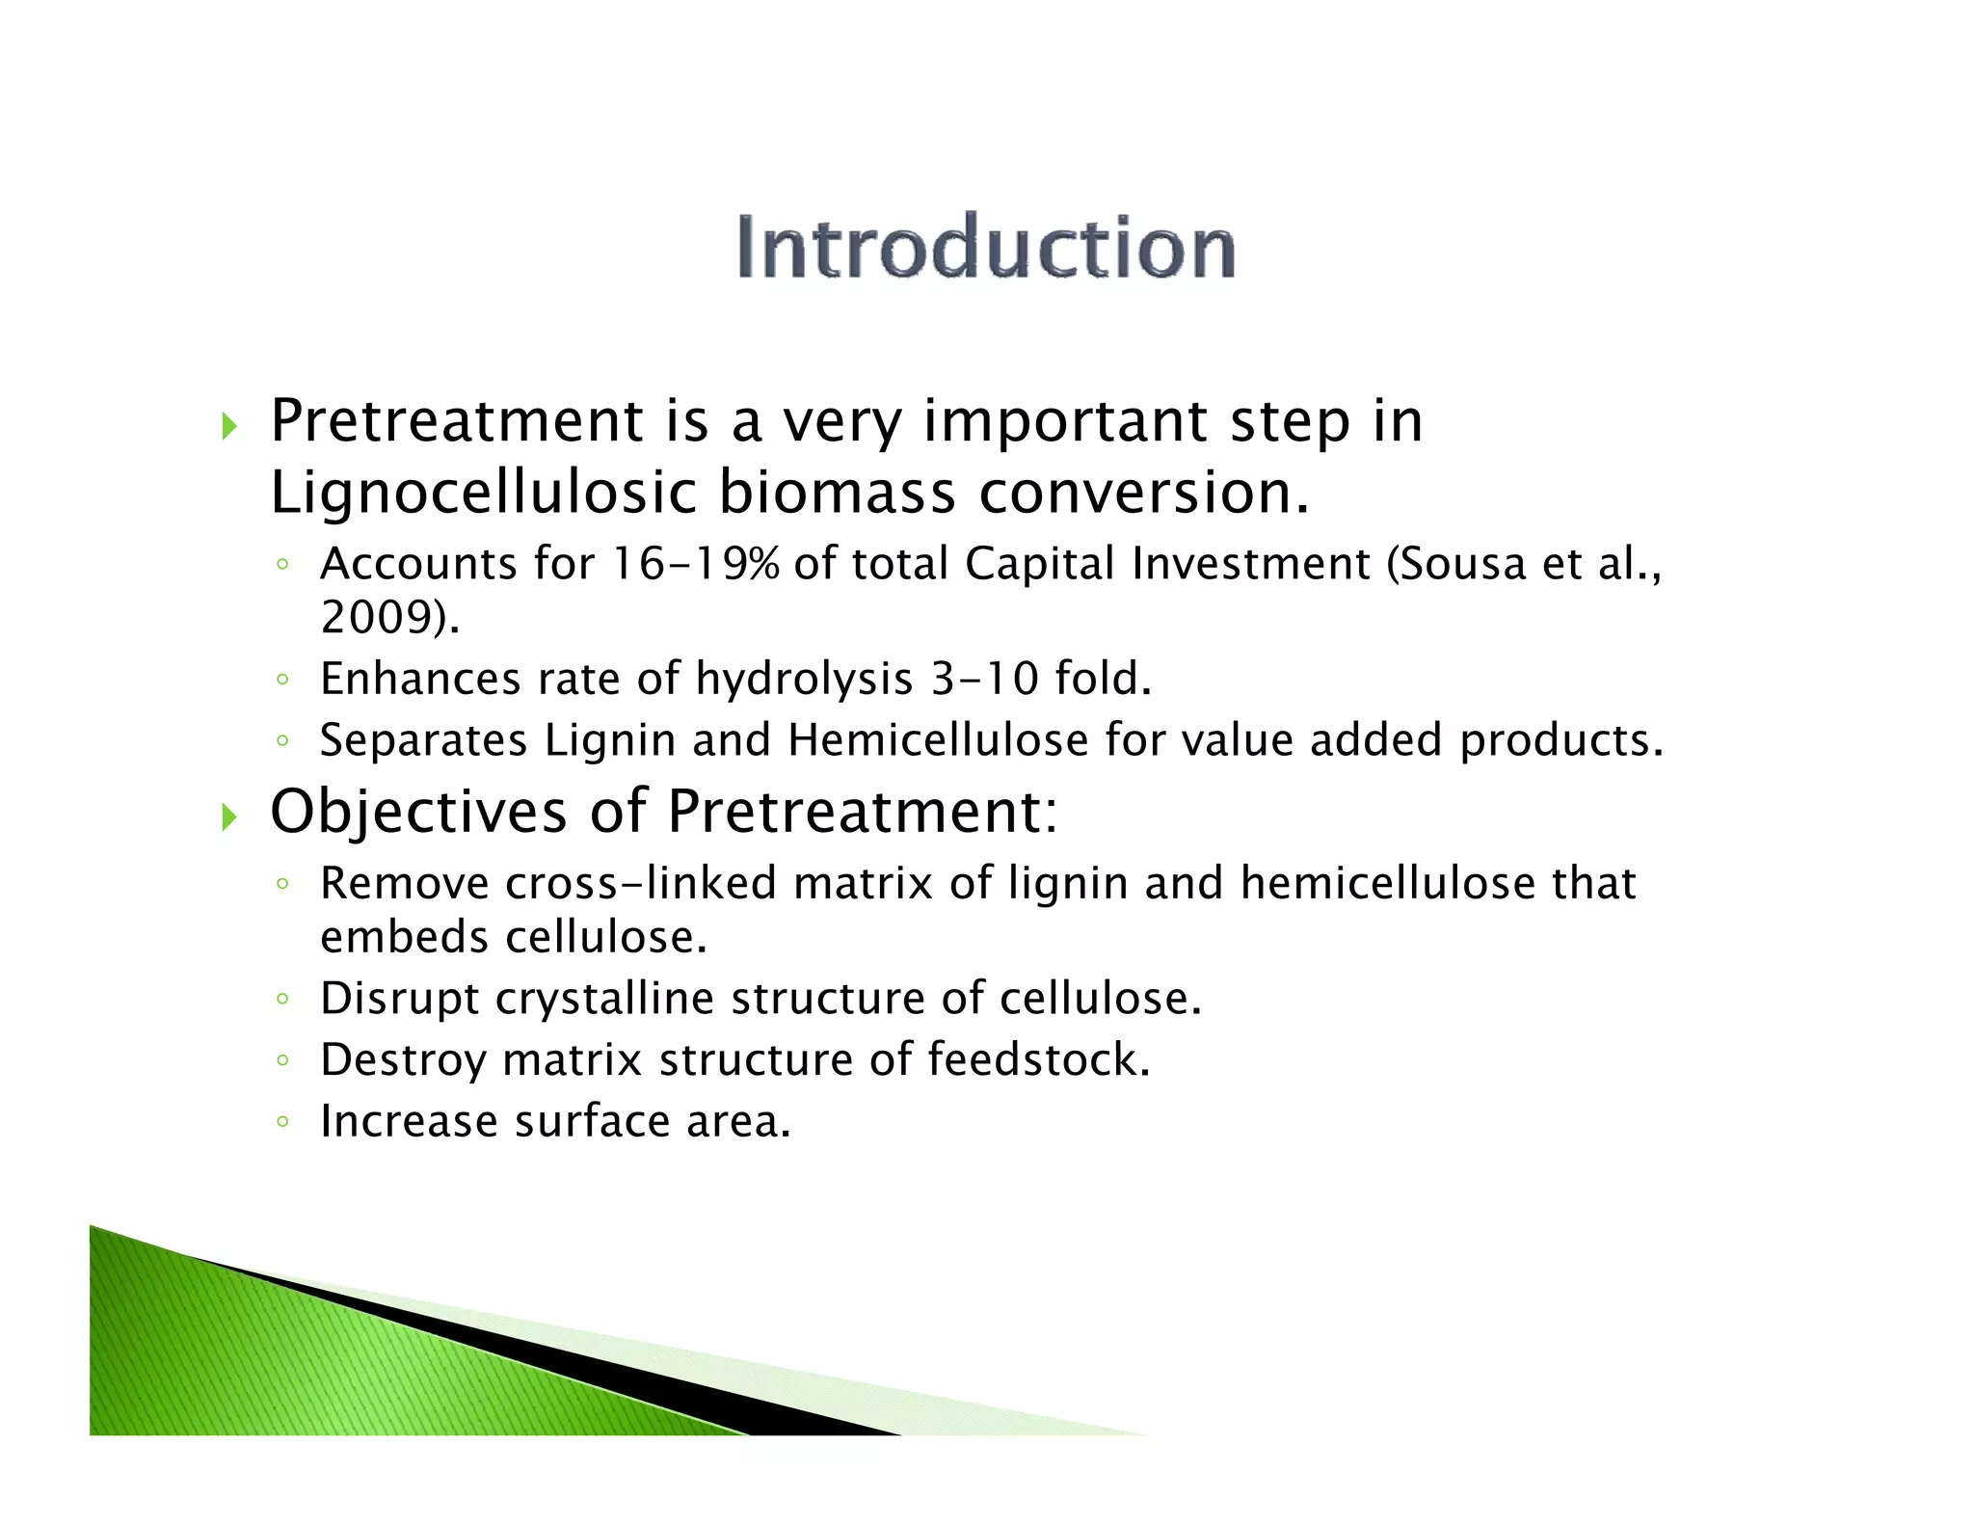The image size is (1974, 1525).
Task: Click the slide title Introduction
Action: click(x=985, y=248)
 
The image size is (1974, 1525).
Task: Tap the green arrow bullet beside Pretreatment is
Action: click(x=228, y=424)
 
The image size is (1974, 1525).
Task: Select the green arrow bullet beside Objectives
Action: click(x=228, y=816)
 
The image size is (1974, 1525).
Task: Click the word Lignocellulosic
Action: click(x=482, y=493)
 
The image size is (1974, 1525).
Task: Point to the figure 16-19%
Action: click(x=695, y=564)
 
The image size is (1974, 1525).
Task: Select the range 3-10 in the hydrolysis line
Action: click(x=984, y=679)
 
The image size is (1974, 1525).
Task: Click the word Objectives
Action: click(x=418, y=812)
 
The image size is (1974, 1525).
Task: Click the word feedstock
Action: click(x=1037, y=1059)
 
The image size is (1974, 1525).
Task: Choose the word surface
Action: click(x=592, y=1121)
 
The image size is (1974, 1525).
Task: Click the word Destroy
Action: click(x=403, y=1061)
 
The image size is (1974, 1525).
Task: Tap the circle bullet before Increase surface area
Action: click(x=281, y=1122)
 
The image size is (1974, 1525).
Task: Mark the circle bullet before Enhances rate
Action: click(x=281, y=680)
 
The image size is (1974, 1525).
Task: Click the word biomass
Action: click(x=837, y=493)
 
